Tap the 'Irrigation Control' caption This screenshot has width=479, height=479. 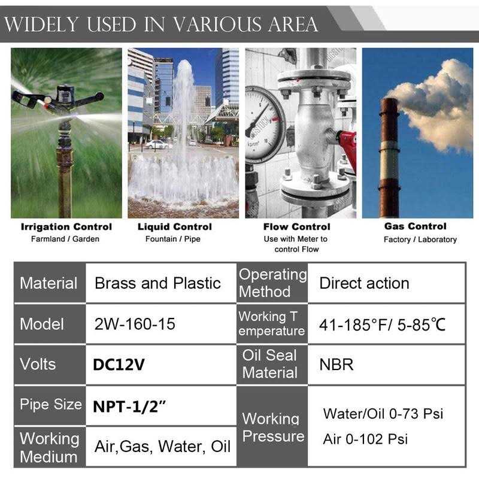[x=66, y=227]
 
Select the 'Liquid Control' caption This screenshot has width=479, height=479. [x=175, y=227]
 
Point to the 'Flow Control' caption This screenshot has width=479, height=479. [x=296, y=227]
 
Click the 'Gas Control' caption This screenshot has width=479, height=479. [x=415, y=226]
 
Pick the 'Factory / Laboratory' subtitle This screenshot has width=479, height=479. [x=420, y=239]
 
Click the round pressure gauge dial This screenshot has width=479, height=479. [x=264, y=123]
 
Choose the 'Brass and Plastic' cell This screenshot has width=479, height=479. [x=157, y=283]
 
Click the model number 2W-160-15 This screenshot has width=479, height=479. [x=135, y=324]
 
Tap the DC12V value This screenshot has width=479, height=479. [x=119, y=364]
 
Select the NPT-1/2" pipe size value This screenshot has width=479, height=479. [x=129, y=405]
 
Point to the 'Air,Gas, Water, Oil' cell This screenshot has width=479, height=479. [x=162, y=447]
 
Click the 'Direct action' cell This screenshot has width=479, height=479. [x=364, y=283]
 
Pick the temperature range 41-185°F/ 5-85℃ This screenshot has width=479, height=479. [x=382, y=325]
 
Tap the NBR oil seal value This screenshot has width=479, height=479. [x=336, y=364]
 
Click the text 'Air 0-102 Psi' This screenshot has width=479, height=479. [x=365, y=439]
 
